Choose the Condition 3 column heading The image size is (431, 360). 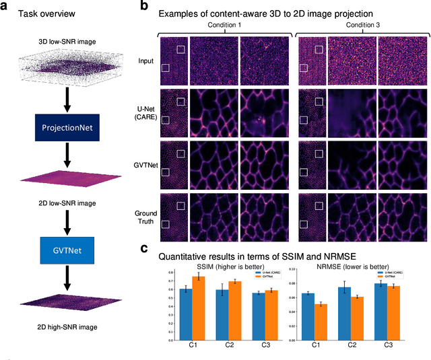pyautogui.click(x=361, y=24)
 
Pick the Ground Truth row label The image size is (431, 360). pyautogui.click(x=143, y=218)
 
